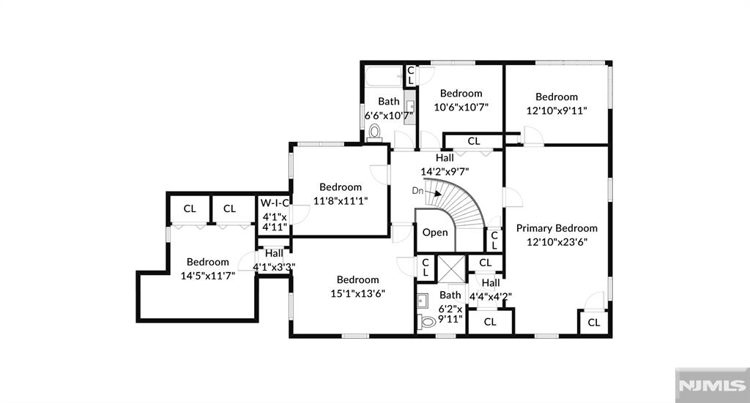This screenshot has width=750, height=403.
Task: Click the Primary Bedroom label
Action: tap(556, 227)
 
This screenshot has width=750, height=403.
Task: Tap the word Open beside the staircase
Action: tap(435, 233)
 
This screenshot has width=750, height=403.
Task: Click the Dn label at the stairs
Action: tap(417, 191)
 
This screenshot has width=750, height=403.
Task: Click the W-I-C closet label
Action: tap(275, 203)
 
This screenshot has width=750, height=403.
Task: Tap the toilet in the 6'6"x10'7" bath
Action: tap(375, 132)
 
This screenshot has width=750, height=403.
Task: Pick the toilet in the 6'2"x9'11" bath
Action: tap(427, 321)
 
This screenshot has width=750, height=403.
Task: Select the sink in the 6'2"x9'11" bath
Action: tap(423, 300)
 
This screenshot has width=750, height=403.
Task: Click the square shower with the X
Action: tap(450, 268)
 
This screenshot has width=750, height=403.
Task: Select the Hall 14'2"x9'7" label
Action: tap(445, 165)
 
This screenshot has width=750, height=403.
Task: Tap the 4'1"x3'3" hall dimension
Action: tap(274, 267)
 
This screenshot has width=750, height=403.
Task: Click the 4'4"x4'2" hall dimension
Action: tap(490, 296)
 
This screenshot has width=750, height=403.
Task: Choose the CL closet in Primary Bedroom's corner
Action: tap(593, 322)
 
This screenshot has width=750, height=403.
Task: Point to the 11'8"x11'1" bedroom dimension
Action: tap(340, 200)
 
